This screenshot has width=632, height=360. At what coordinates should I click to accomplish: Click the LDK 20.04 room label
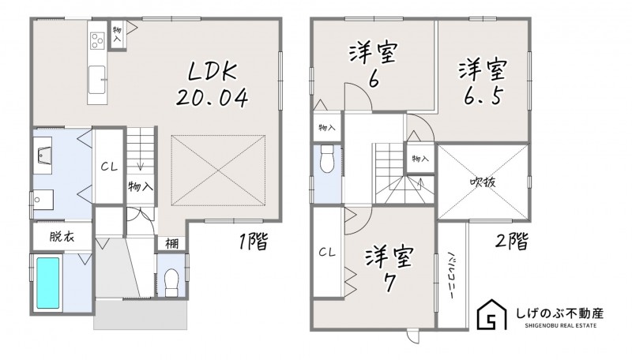(212, 85)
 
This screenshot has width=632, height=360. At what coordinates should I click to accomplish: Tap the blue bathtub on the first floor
(48, 283)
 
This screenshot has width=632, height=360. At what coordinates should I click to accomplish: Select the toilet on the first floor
(171, 283)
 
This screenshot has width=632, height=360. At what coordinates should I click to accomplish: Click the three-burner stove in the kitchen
(97, 41)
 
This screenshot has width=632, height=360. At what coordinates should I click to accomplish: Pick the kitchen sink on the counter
(97, 80)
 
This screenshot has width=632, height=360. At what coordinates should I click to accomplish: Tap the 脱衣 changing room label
(62, 236)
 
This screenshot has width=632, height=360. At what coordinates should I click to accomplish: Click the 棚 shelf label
(172, 244)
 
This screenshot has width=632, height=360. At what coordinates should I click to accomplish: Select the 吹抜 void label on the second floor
(483, 182)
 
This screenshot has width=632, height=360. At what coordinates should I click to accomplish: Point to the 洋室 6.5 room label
(483, 83)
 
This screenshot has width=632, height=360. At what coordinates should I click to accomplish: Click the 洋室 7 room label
(389, 268)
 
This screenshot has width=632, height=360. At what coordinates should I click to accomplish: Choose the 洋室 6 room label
(373, 65)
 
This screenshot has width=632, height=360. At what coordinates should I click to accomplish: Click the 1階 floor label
(253, 242)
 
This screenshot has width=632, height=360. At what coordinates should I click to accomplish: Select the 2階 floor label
(511, 242)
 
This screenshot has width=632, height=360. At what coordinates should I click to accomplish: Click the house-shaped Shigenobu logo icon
(491, 314)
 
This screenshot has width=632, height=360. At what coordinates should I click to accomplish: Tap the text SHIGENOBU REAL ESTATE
(561, 325)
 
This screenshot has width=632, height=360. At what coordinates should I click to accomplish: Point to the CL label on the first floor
(109, 167)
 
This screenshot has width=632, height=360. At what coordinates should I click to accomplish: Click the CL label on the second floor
(327, 253)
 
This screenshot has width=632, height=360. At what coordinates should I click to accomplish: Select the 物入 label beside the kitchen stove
(117, 35)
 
